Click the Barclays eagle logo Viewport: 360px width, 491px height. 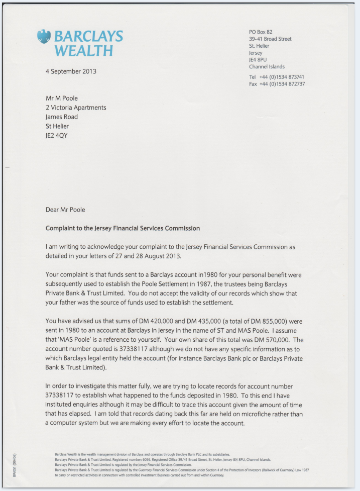pyautogui.click(x=44, y=36)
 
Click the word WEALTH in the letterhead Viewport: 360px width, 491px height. pyautogui.click(x=83, y=51)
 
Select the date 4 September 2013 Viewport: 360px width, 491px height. pyautogui.click(x=71, y=71)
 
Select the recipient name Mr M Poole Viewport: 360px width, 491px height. pyautogui.click(x=62, y=99)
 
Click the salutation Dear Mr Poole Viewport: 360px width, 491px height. pyautogui.click(x=69, y=210)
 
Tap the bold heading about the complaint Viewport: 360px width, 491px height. pyautogui.click(x=123, y=228)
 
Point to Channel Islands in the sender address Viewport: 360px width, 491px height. pyautogui.click(x=267, y=67)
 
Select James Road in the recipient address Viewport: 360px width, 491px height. pyautogui.click(x=62, y=117)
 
